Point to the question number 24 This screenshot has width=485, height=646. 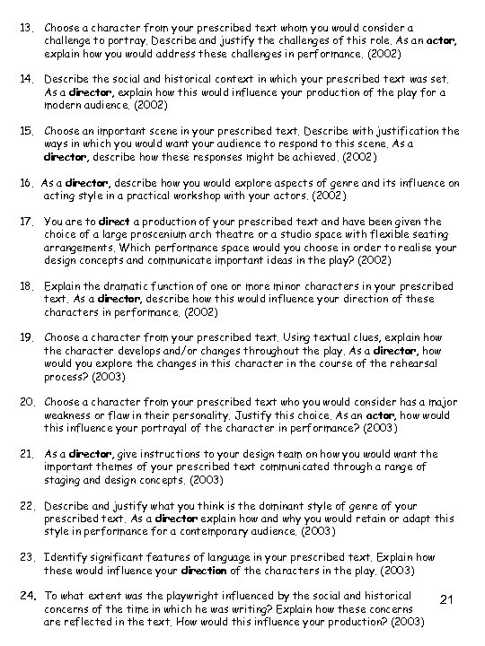pos(25,597)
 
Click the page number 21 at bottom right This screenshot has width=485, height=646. pos(451,599)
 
